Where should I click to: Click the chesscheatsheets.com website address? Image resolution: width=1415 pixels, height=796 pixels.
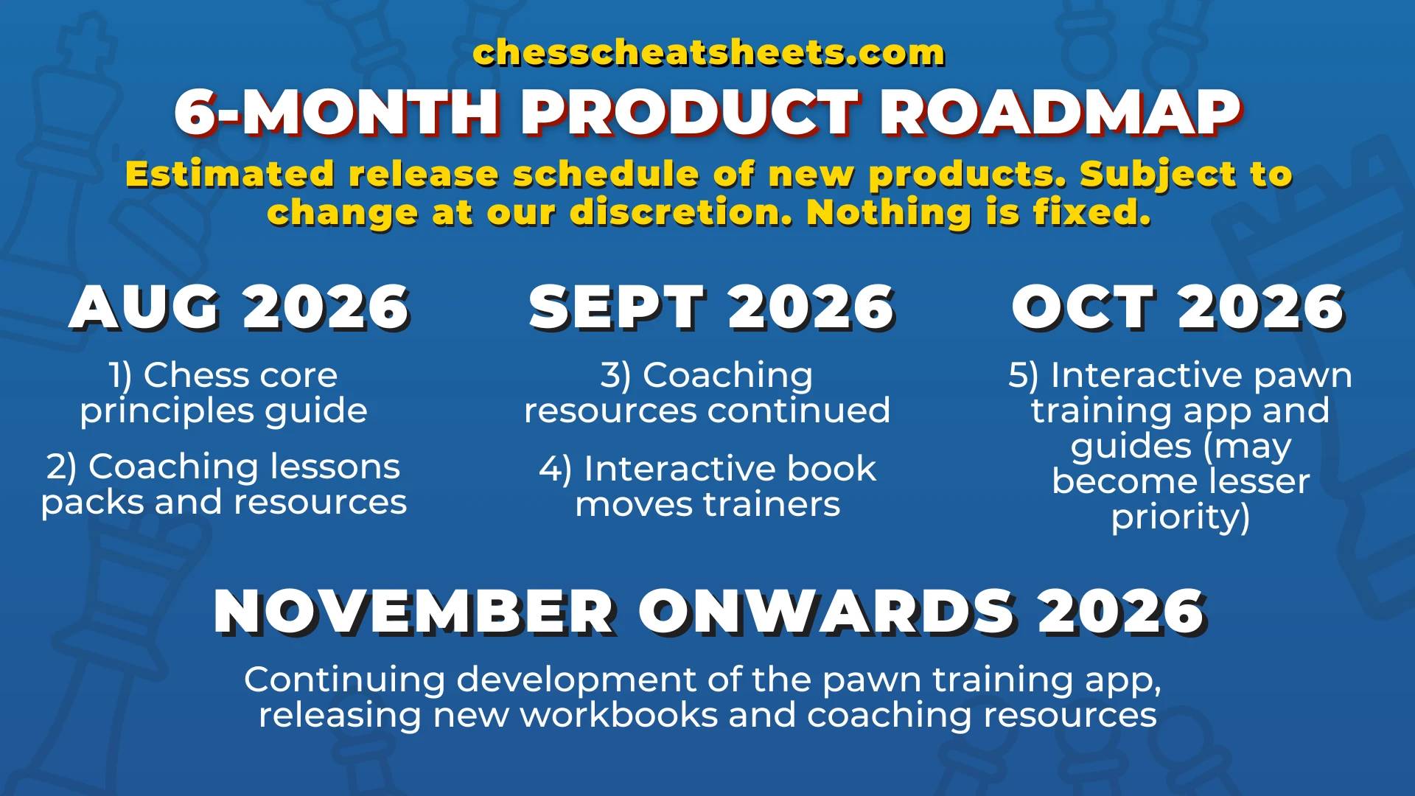[x=708, y=52]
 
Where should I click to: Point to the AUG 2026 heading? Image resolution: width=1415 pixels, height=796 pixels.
[x=240, y=308]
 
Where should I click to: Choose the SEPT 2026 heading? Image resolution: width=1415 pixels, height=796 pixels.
[x=712, y=308]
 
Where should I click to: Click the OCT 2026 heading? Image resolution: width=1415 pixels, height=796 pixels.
[x=1178, y=308]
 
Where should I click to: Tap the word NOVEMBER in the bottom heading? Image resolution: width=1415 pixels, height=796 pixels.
[x=415, y=612]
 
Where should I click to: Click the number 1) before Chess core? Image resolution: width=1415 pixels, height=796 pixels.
[x=120, y=375]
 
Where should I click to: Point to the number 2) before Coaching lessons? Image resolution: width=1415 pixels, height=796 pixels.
[x=61, y=467]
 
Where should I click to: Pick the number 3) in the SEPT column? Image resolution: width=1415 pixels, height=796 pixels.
[x=615, y=375]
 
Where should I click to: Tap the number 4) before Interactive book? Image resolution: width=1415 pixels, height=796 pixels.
[x=555, y=469]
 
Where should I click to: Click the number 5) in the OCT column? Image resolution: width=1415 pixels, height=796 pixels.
[x=1023, y=375]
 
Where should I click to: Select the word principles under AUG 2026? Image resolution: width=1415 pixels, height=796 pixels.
[x=167, y=412]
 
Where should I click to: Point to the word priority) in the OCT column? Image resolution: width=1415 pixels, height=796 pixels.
[x=1181, y=517]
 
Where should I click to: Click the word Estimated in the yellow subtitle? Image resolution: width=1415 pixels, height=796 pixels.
[x=230, y=175]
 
